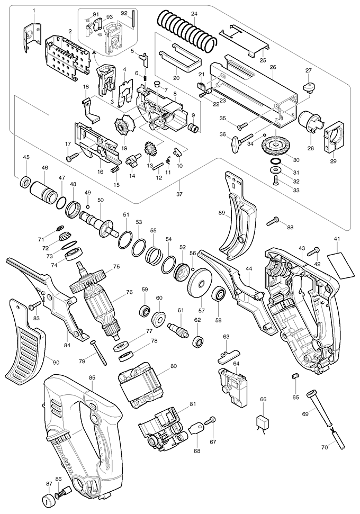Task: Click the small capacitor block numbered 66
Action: [x=262, y=422]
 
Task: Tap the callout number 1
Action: [x=33, y=11]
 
